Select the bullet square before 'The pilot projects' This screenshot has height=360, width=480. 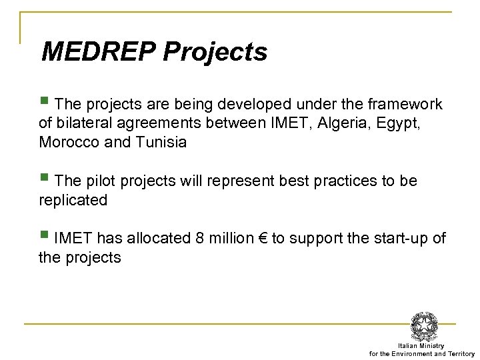click(44, 178)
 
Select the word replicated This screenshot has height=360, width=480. click(73, 200)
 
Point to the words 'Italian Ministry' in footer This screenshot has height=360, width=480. click(425, 346)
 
